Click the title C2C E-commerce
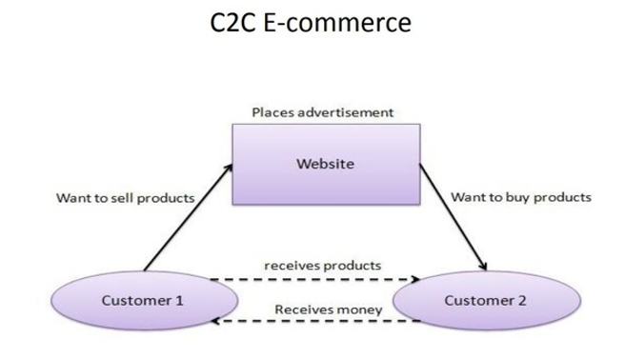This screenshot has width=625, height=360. (312, 23)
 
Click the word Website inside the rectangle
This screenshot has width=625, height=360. (325, 164)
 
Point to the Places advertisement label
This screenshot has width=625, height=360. (323, 112)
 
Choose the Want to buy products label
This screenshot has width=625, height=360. (520, 198)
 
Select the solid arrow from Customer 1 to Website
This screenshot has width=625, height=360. (186, 219)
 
